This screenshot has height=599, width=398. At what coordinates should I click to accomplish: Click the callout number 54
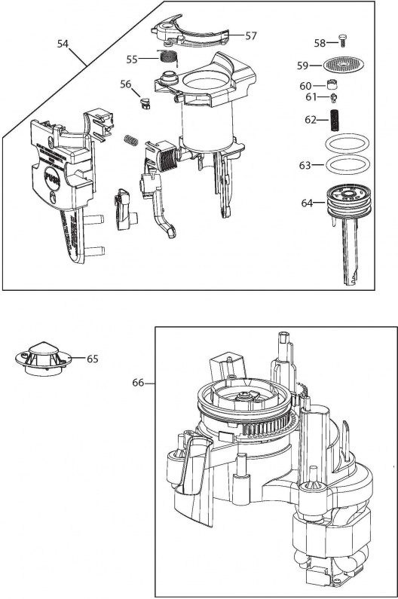tap(63, 44)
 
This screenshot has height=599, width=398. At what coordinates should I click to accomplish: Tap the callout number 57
tap(251, 36)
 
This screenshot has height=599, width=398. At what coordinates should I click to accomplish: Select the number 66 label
tap(139, 383)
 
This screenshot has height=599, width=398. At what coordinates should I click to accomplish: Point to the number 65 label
tap(93, 359)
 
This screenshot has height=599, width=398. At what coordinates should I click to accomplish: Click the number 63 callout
tap(305, 166)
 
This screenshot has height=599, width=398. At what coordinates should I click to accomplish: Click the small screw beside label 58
tap(341, 40)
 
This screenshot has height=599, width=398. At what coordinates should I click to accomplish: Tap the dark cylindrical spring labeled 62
tap(334, 121)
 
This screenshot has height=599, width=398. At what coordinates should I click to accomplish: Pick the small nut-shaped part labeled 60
tap(333, 83)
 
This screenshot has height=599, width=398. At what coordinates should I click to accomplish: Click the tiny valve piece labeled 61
tap(334, 97)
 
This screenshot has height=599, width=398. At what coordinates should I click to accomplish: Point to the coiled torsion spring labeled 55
tap(168, 59)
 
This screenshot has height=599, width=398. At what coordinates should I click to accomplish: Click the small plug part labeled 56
tap(145, 102)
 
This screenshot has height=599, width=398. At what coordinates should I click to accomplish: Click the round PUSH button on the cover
tap(52, 177)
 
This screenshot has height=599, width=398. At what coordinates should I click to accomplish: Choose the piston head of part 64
tap(349, 200)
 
